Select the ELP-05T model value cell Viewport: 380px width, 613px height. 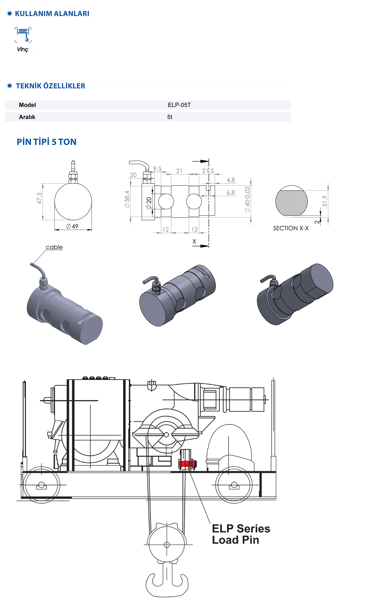pyautogui.click(x=179, y=105)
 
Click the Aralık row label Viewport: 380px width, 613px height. pyautogui.click(x=27, y=117)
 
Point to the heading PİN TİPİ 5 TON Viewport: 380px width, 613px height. pyautogui.click(x=47, y=142)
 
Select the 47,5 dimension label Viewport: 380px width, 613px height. pyautogui.click(x=39, y=198)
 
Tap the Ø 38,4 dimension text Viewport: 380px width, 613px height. pyautogui.click(x=127, y=199)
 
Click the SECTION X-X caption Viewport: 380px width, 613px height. pyautogui.click(x=291, y=228)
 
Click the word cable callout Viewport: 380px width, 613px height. pyautogui.click(x=54, y=247)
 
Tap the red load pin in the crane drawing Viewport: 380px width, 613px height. pyautogui.click(x=187, y=464)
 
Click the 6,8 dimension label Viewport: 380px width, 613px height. pyautogui.click(x=231, y=193)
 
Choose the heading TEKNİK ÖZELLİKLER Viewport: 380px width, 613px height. pyautogui.click(x=51, y=86)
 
